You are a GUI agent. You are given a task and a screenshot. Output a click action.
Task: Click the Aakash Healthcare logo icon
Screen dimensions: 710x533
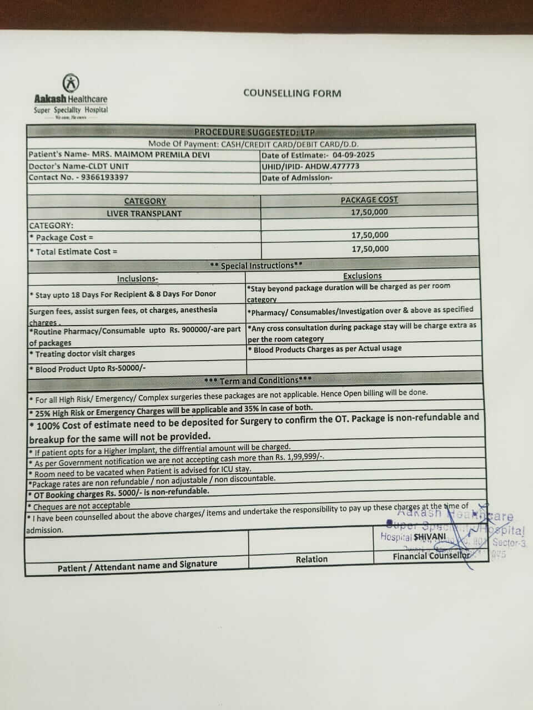point(71,84)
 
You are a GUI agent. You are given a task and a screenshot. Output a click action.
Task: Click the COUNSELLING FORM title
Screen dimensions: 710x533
point(292,93)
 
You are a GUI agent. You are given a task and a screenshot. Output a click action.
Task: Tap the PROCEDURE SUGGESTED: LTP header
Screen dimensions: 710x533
point(254,132)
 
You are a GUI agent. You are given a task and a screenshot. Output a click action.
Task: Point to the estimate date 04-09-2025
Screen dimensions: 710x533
point(354,155)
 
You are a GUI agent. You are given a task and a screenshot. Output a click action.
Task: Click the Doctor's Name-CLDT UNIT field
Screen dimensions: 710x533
point(79,166)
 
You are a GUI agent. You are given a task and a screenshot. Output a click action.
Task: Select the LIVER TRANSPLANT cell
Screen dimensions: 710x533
point(144,214)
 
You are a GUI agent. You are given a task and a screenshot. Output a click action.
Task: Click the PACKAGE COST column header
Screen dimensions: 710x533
point(369,200)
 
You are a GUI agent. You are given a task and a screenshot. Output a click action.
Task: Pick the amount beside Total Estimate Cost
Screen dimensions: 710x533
point(370,249)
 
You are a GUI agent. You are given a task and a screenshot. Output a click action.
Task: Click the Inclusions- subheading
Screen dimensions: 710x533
point(137,279)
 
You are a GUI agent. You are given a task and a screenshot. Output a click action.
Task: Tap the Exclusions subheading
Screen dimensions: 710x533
point(362,276)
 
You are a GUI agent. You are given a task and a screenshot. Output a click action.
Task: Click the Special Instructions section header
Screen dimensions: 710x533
point(256,266)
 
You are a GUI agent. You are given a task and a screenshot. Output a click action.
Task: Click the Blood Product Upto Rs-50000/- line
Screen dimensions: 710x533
point(88,369)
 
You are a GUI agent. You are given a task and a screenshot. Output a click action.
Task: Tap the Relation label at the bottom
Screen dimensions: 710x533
point(311,559)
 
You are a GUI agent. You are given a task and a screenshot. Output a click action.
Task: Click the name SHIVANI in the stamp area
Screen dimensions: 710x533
point(430,536)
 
